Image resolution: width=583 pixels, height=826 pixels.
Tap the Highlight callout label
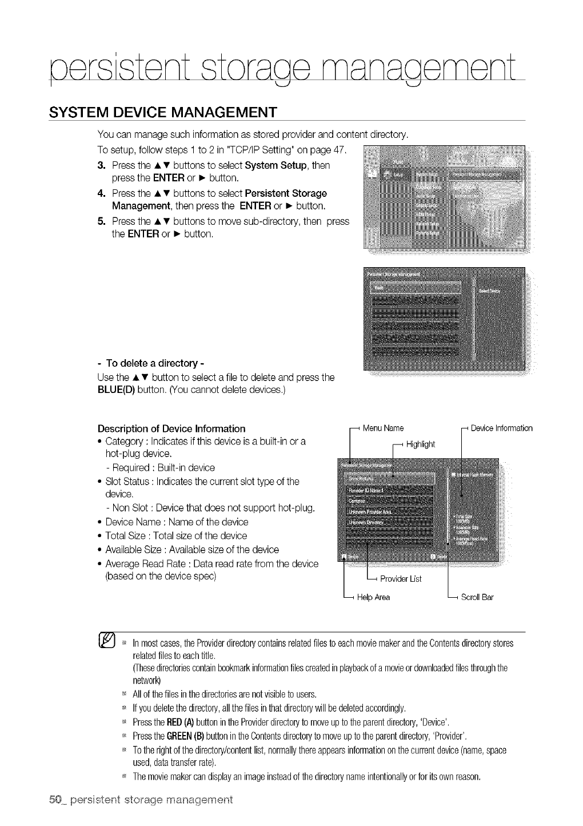[420, 444]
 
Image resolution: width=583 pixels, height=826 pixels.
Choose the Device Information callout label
[502, 428]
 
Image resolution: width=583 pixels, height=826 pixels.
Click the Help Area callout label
[373, 597]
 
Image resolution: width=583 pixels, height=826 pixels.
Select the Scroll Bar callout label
[477, 597]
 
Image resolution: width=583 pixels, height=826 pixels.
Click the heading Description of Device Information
[171, 428]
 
